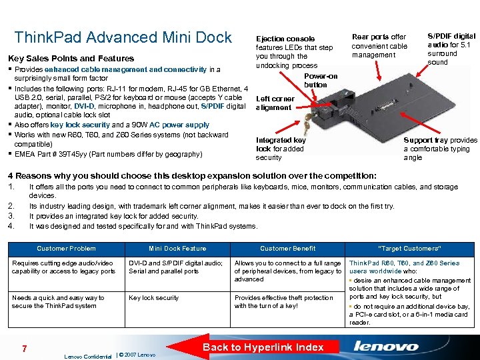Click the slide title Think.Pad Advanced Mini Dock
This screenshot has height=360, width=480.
click(123, 37)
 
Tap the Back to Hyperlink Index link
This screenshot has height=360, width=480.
click(263, 347)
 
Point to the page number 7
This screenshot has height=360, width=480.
click(25, 349)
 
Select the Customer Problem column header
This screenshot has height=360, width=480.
click(66, 249)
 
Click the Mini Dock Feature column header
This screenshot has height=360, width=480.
click(177, 249)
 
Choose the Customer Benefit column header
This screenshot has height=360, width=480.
click(288, 249)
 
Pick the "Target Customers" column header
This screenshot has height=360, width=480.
click(409, 249)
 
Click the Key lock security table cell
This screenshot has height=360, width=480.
click(154, 298)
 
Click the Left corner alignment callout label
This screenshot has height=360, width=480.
click(275, 103)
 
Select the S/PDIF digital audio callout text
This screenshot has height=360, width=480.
click(451, 49)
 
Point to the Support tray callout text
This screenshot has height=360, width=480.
click(440, 149)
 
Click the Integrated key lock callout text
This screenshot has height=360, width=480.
click(281, 149)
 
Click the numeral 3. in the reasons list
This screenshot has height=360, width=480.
click(11, 216)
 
